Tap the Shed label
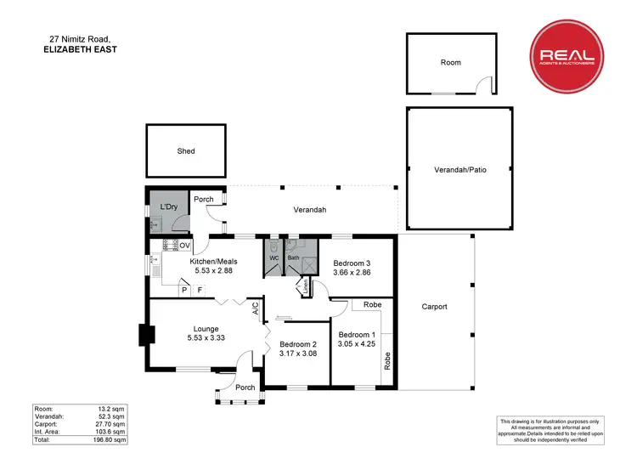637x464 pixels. pyautogui.click(x=186, y=151)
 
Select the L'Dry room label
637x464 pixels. pyautogui.click(x=167, y=207)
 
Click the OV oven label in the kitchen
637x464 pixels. pyautogui.click(x=184, y=246)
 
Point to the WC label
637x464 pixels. pyautogui.click(x=274, y=257)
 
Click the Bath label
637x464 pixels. pyautogui.click(x=294, y=257)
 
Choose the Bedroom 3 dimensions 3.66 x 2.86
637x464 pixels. pyautogui.click(x=351, y=274)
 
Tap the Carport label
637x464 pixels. pyautogui.click(x=434, y=307)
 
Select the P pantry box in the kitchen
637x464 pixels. pyautogui.click(x=183, y=290)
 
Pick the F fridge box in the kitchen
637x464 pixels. pyautogui.click(x=200, y=290)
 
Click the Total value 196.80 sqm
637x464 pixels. pyautogui.click(x=109, y=440)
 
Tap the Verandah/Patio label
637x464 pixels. pyautogui.click(x=460, y=170)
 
